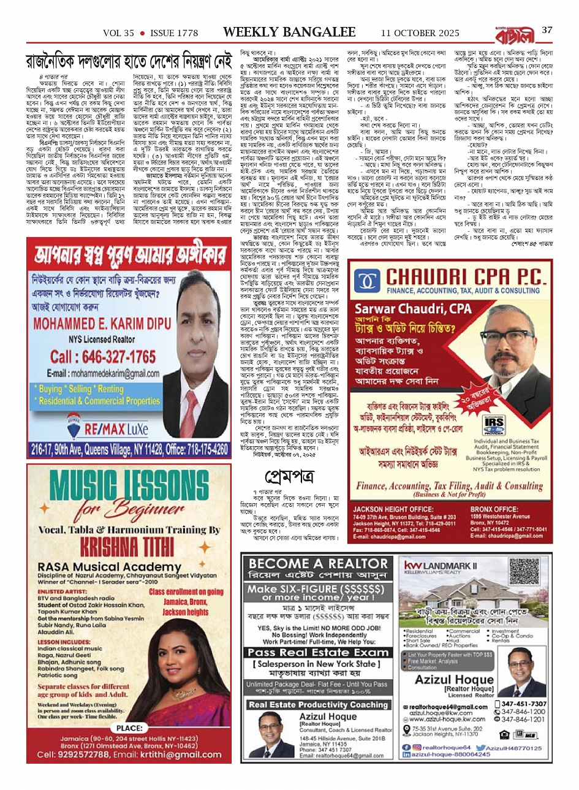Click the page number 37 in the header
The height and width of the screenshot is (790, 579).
tap(547, 30)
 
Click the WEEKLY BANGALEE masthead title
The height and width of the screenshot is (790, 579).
tap(289, 32)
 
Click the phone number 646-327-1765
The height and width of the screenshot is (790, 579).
tap(103, 357)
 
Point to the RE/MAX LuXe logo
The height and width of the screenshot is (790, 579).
tap(107, 428)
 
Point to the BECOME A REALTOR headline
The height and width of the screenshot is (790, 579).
tap(319, 564)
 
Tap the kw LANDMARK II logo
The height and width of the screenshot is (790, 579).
tap(439, 567)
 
